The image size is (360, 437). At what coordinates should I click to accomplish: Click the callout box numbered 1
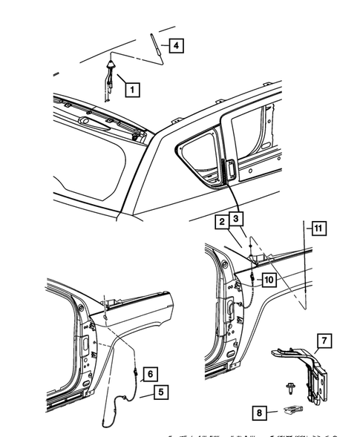(x=132, y=91)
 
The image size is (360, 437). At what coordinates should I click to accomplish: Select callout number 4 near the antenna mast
(x=175, y=46)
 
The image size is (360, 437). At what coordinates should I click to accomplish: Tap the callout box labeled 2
(x=220, y=221)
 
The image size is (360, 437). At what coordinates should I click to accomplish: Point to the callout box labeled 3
(x=235, y=219)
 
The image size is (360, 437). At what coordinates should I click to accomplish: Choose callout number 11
(x=317, y=229)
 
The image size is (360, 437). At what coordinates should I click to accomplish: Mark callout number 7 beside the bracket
(x=324, y=341)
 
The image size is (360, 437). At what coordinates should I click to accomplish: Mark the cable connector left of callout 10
(x=254, y=277)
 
